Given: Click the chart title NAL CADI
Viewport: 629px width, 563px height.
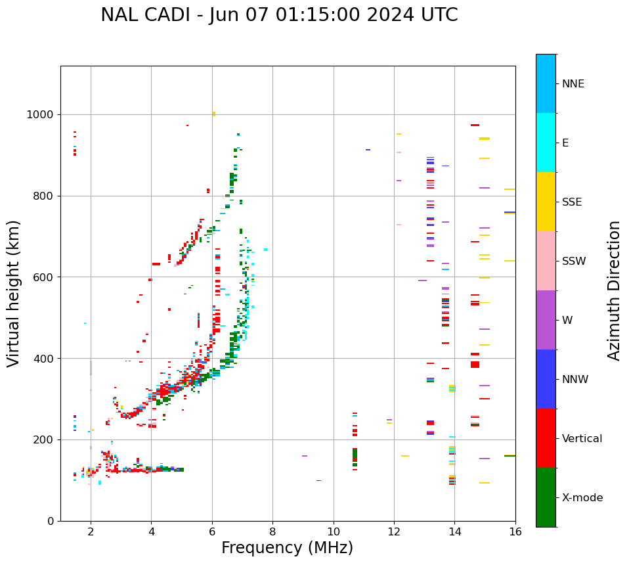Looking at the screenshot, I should [x=279, y=15].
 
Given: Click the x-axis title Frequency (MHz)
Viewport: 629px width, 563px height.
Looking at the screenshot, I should [x=287, y=548].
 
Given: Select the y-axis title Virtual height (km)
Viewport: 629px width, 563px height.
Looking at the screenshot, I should [x=14, y=294].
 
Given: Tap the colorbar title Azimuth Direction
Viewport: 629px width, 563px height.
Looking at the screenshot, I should [x=614, y=290].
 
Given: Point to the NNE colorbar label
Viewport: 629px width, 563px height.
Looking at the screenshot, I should [x=573, y=84].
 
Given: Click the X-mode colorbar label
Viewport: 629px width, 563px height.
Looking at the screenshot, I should [x=582, y=498].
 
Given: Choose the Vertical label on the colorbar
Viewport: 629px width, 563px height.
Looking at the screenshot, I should [x=582, y=439].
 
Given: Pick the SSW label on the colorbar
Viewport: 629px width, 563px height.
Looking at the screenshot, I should [x=574, y=261].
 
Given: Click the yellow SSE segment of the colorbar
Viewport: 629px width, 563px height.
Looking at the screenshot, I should [x=546, y=202].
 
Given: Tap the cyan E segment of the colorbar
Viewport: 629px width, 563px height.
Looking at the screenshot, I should [x=546, y=143].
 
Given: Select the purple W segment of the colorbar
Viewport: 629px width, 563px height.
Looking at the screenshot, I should [x=546, y=320].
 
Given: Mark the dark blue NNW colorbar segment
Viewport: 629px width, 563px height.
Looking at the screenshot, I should [x=546, y=379].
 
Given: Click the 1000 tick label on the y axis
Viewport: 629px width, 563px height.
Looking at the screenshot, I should [x=41, y=114].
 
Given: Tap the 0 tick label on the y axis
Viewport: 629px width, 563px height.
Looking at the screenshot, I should [x=51, y=521].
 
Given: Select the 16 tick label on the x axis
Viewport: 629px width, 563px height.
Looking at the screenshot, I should [x=515, y=531].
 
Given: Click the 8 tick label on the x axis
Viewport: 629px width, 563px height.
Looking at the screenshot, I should [x=272, y=531].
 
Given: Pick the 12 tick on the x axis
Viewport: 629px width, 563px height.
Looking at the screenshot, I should [x=394, y=531].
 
